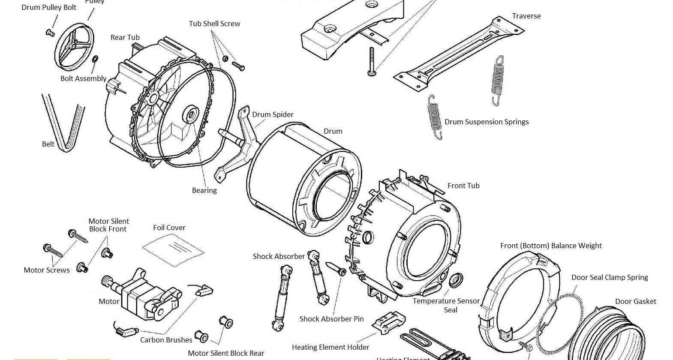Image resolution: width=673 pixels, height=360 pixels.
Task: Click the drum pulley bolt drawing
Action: [50, 33]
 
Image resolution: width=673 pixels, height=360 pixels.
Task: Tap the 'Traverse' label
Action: [526, 16]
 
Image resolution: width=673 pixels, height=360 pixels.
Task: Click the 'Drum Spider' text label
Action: [273, 114]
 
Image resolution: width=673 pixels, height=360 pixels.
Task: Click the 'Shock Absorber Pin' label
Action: [331, 319]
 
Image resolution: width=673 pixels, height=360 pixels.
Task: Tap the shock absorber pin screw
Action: [336, 269]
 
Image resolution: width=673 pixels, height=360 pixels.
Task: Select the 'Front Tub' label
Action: [463, 186]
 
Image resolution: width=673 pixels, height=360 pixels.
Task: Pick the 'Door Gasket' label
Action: [635, 302]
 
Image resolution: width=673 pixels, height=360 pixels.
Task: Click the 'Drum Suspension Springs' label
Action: [486, 122]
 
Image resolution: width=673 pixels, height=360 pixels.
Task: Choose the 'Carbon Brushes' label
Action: [166, 340]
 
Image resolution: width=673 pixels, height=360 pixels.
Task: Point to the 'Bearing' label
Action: [204, 190]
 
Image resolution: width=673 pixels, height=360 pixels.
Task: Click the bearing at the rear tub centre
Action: [191, 115]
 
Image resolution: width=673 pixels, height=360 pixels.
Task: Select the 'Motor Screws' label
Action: [46, 270]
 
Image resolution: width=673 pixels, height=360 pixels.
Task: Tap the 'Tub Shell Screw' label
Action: [214, 24]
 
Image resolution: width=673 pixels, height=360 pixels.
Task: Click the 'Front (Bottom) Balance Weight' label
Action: [551, 246]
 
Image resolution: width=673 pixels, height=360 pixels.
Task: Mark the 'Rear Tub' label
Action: [125, 37]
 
